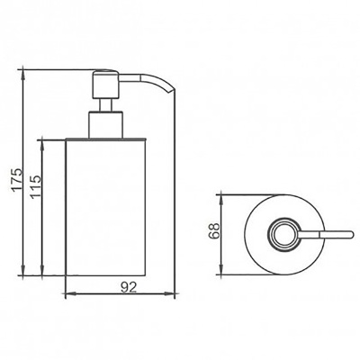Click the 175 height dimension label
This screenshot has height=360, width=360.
point(17,179)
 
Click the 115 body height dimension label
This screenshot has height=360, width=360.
point(35,186)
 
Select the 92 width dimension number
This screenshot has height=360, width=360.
point(129,287)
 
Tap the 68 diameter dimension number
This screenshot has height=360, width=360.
point(214,230)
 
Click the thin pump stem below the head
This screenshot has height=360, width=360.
point(104,105)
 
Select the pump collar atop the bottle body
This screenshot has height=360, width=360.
point(105,125)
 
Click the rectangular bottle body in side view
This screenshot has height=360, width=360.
point(105,207)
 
